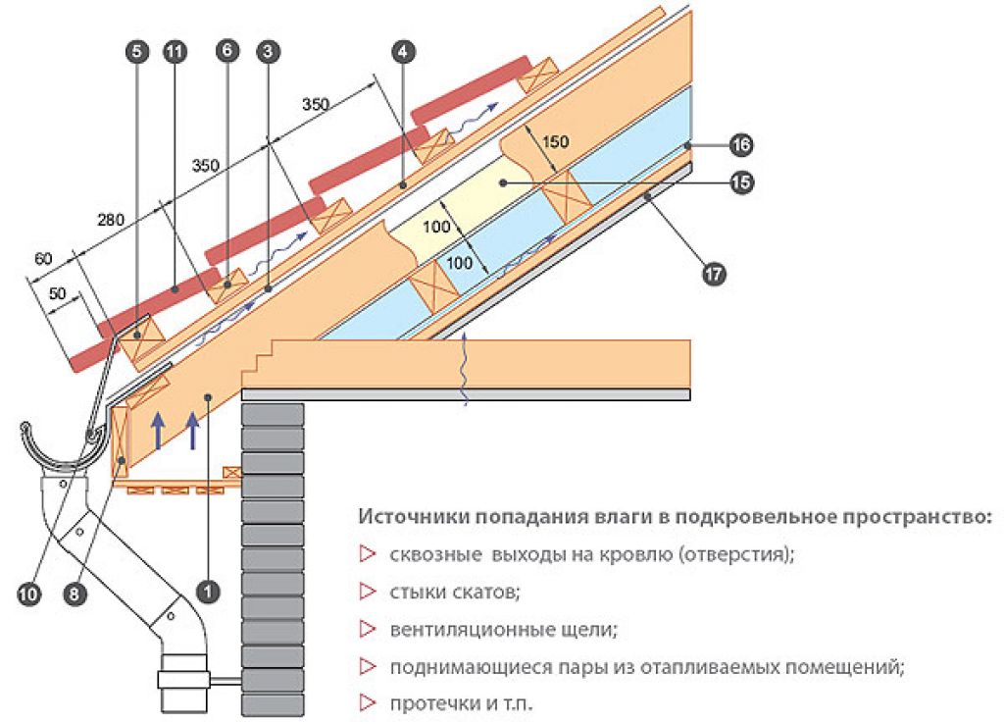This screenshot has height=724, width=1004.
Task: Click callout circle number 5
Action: tap(137, 51)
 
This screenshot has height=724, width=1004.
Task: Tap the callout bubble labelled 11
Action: tap(175, 51)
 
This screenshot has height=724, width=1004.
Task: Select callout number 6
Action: tap(227, 51)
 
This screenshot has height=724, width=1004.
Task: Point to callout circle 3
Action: tap(269, 51)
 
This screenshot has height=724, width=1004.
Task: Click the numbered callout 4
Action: tap(403, 51)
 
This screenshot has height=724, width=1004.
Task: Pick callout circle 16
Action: tap(741, 145)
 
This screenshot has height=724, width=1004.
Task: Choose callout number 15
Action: tap(741, 183)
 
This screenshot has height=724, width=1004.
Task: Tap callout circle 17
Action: tap(714, 275)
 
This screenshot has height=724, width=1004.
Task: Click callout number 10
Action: tap(27, 594)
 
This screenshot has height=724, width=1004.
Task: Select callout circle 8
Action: tap(75, 594)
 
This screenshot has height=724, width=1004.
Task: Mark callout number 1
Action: tap(208, 591)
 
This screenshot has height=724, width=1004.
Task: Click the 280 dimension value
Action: tap(110, 220)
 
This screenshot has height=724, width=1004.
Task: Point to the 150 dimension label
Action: tap(555, 141)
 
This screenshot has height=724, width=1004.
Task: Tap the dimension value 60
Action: tap(43, 259)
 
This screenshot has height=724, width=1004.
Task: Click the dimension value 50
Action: tap(57, 293)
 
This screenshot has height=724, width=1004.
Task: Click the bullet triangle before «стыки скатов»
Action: tap(367, 592)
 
